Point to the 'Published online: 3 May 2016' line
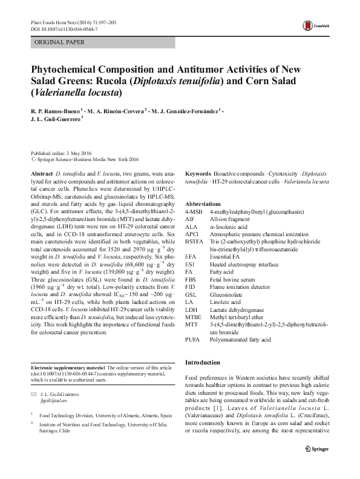tap(62, 154)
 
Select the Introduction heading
tap(203, 362)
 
